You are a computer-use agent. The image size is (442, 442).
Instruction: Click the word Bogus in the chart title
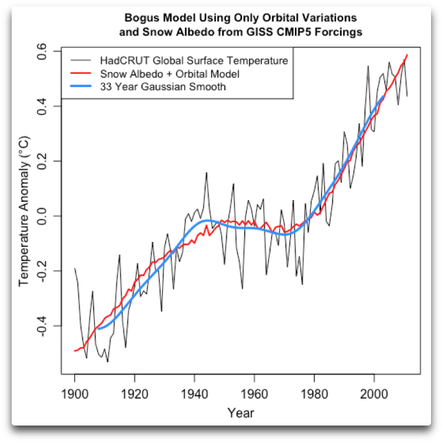coord(142,16)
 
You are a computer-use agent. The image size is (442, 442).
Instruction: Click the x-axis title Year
coord(241,413)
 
